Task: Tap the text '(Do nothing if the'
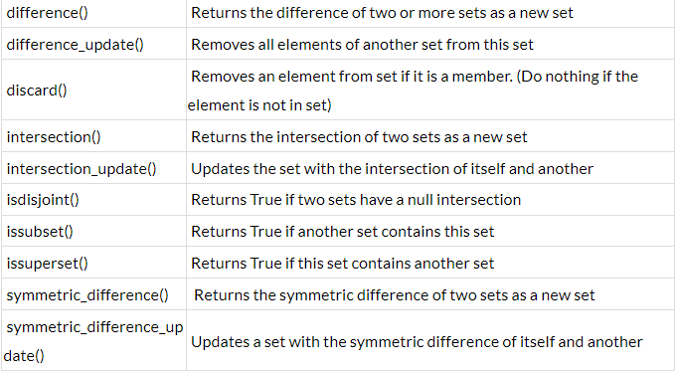click(x=577, y=76)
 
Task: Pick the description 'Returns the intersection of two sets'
click(x=359, y=136)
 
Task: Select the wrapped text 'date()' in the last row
click(x=27, y=354)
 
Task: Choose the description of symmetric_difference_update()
click(x=417, y=341)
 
